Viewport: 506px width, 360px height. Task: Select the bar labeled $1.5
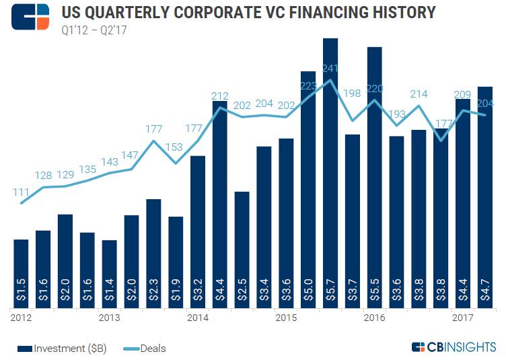(x=21, y=273)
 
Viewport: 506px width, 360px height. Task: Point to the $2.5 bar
(x=242, y=249)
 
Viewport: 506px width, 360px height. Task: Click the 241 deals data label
(x=330, y=68)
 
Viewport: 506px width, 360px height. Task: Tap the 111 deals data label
(x=21, y=192)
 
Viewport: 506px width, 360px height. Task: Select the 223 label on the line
(x=308, y=85)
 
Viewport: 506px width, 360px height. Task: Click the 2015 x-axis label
(x=286, y=316)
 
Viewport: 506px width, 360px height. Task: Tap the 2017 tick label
(x=462, y=316)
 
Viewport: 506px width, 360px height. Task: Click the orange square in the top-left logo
(x=44, y=24)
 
